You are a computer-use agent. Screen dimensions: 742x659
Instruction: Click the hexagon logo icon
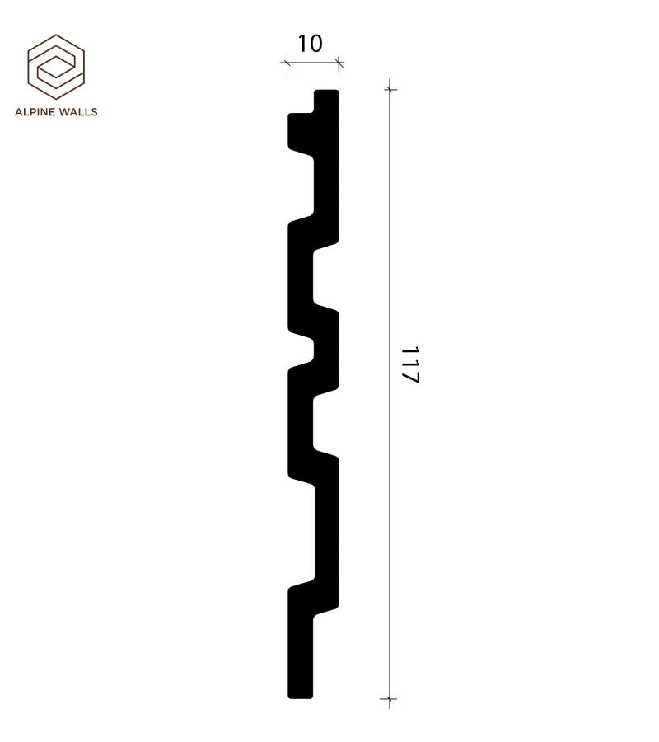tap(56, 66)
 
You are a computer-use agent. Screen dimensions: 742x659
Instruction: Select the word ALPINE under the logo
tap(35, 112)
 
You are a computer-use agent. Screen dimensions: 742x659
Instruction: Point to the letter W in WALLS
tap(63, 112)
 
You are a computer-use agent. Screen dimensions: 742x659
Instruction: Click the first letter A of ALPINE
tap(19, 112)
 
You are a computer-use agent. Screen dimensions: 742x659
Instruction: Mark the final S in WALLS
tap(94, 112)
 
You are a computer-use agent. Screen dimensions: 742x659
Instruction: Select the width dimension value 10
tap(310, 44)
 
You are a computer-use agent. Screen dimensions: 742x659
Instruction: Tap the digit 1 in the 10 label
tap(302, 44)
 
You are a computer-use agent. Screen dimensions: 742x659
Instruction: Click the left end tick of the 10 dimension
tap(287, 63)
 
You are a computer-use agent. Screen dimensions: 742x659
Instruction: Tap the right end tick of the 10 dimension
tap(339, 63)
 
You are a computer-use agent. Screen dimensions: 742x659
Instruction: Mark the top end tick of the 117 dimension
tap(390, 89)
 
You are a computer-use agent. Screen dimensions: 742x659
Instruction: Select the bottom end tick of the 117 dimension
tap(390, 699)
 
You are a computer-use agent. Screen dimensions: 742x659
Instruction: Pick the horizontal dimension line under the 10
tap(313, 63)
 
